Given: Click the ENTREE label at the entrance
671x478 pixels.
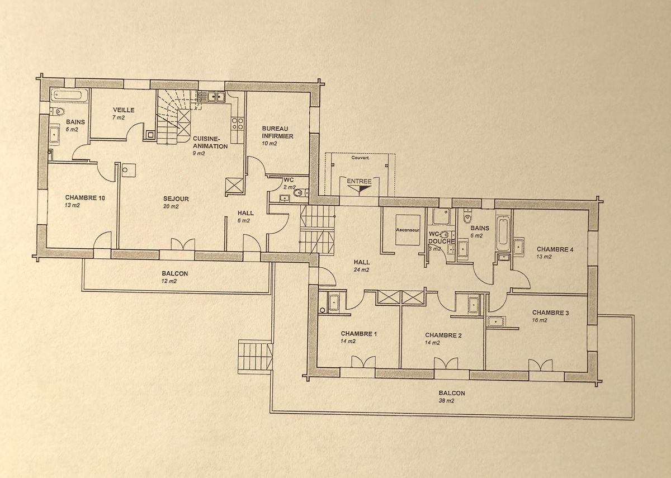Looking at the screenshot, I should coord(358,181).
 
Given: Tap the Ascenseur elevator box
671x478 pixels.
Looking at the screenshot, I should coord(407,230).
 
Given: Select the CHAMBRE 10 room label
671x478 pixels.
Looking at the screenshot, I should coord(85,197).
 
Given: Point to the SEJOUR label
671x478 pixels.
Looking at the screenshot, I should coord(176,199).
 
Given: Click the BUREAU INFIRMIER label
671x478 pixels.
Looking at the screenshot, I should coord(277,132).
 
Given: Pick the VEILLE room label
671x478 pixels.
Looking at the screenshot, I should coord(123,110).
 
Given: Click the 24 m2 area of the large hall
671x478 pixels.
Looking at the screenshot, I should coord(361,269).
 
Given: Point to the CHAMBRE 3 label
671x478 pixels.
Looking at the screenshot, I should coord(550,313).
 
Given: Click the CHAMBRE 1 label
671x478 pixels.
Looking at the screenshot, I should coord(359,334).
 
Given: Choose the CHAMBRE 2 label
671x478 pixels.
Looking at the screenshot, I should coord(443,335).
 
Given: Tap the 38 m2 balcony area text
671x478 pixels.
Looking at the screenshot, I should coord(446,401).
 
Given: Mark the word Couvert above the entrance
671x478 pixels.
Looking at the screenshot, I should coord(360,158).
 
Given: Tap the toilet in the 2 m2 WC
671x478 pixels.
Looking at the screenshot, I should coord(299,193).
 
